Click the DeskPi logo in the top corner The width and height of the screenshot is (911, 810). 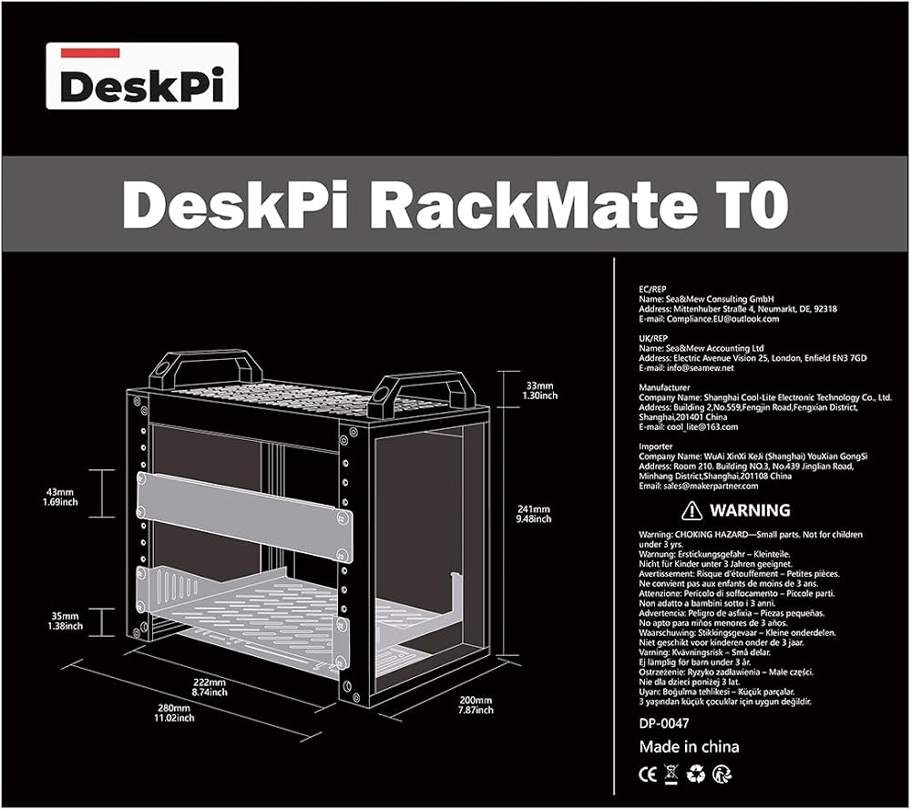pyautogui.click(x=142, y=76)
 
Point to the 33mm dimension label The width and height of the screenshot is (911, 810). pyautogui.click(x=539, y=391)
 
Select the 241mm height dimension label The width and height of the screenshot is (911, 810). pyautogui.click(x=533, y=514)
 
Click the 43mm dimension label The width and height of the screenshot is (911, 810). pyautogui.click(x=60, y=497)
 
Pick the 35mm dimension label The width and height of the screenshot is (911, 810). pyautogui.click(x=65, y=620)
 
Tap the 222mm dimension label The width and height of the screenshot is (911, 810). pyautogui.click(x=210, y=687)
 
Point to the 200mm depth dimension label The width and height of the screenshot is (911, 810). pyautogui.click(x=476, y=705)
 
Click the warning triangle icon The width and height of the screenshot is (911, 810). pyautogui.click(x=691, y=511)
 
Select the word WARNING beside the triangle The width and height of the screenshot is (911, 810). pyautogui.click(x=750, y=511)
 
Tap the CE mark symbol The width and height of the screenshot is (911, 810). pyautogui.click(x=648, y=774)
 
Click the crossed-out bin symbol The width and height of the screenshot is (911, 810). pyautogui.click(x=671, y=775)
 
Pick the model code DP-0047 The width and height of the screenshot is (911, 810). pyautogui.click(x=664, y=723)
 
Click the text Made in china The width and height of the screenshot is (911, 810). pyautogui.click(x=689, y=746)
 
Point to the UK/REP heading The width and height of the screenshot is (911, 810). pyautogui.click(x=653, y=338)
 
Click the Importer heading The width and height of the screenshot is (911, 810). pyautogui.click(x=656, y=446)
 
